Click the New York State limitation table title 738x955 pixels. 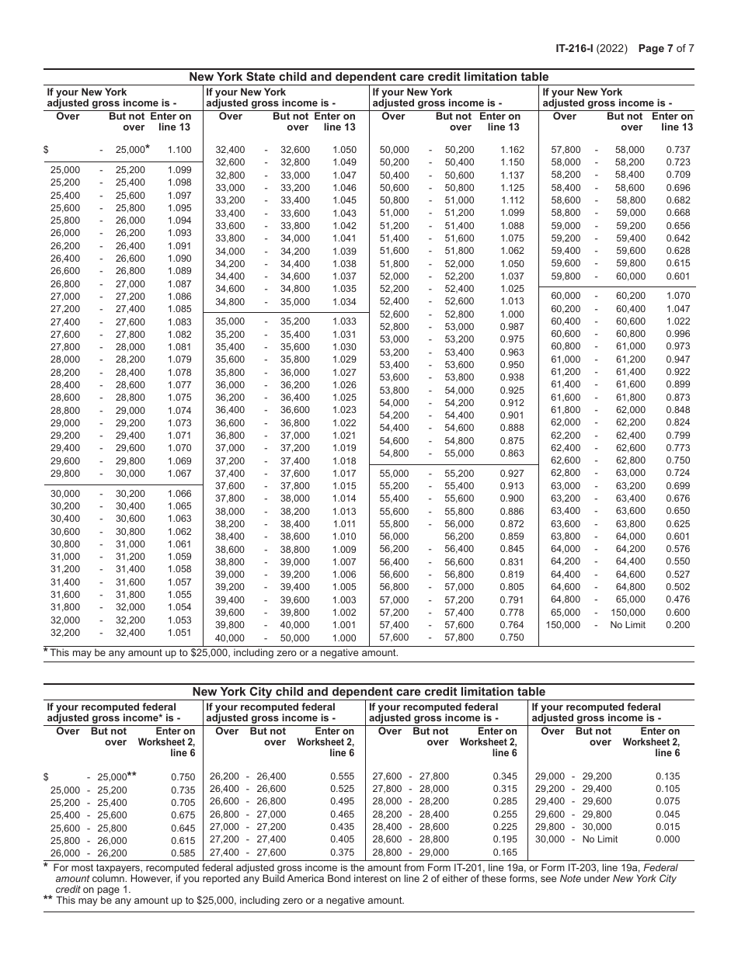(369, 77)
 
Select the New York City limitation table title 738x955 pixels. (369, 692)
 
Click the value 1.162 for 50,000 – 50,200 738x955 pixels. (512, 150)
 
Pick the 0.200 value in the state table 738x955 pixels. (677, 625)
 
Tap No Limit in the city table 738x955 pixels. (600, 839)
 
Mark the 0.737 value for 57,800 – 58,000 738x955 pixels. (677, 150)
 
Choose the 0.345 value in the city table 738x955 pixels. (505, 776)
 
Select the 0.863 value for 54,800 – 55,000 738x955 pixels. (512, 453)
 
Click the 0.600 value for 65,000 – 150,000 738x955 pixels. (677, 613)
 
